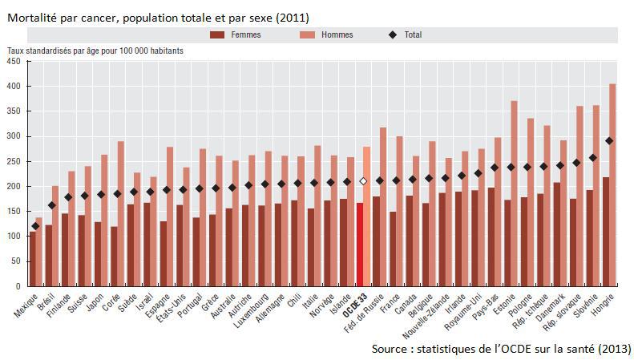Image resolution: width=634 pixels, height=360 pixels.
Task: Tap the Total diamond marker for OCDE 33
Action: (x=364, y=181)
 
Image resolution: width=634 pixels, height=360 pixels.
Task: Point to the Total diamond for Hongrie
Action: (x=609, y=140)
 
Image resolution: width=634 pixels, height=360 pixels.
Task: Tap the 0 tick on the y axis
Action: (x=21, y=286)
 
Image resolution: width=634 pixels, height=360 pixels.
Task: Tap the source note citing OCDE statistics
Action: (x=501, y=350)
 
